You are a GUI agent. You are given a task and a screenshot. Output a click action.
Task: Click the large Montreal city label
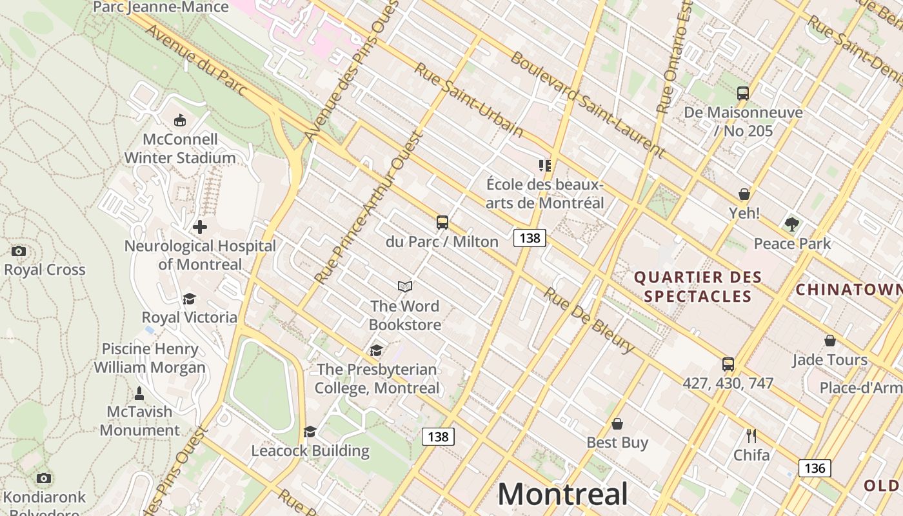tap(562, 495)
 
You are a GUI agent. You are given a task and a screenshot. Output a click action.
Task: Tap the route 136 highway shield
tap(815, 468)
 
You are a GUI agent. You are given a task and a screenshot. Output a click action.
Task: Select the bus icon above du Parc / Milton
tap(442, 223)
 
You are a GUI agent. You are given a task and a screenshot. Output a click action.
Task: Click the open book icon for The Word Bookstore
tap(404, 286)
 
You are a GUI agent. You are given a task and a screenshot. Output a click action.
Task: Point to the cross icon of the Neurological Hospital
tap(200, 227)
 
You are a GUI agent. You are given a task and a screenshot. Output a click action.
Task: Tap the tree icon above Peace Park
tap(792, 224)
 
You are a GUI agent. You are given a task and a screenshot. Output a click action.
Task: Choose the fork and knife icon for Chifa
tap(751, 436)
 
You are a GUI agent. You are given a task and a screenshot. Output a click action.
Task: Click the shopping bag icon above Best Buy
tap(617, 424)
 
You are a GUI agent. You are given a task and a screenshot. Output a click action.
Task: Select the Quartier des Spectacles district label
tap(698, 287)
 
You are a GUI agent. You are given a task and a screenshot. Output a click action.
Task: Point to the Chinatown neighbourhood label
tap(848, 290)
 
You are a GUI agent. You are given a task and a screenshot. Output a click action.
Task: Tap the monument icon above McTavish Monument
tap(139, 393)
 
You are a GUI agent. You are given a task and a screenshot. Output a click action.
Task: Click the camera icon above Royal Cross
tap(19, 251)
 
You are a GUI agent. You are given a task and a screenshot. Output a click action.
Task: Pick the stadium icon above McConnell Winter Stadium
tap(180, 121)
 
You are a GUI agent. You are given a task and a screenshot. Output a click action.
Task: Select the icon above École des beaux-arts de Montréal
tap(545, 166)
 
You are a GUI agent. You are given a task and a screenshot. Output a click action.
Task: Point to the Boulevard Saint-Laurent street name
tap(587, 104)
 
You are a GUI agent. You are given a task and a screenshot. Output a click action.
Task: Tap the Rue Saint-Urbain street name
tap(468, 100)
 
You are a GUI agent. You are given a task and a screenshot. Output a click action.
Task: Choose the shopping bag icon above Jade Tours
tap(829, 341)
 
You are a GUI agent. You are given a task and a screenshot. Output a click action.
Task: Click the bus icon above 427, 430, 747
tap(728, 364)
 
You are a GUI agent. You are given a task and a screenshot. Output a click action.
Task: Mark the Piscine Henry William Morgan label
tap(150, 358)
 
